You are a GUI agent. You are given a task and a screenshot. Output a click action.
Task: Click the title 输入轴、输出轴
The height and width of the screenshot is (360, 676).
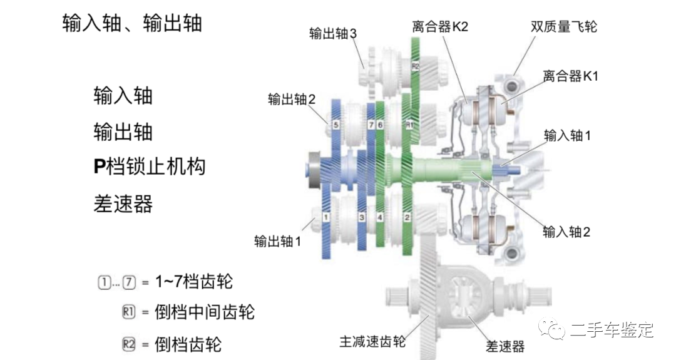click(x=132, y=23)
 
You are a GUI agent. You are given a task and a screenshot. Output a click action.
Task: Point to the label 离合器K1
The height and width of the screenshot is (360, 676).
click(x=571, y=76)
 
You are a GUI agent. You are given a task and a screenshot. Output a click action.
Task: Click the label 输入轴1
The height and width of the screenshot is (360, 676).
click(x=567, y=135)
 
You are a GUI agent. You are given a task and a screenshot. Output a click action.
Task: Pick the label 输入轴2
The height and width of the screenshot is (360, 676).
click(x=567, y=232)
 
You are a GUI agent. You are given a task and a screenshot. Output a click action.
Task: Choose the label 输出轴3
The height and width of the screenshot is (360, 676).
click(x=333, y=33)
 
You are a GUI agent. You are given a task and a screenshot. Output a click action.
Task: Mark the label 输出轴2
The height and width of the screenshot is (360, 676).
click(x=291, y=99)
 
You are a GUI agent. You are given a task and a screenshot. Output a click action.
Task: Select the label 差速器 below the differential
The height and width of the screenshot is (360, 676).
click(x=505, y=346)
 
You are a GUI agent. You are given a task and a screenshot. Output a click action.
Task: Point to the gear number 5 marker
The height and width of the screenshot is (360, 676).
click(x=336, y=125)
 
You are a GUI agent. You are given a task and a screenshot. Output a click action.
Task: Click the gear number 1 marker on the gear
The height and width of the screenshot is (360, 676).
click(x=326, y=217)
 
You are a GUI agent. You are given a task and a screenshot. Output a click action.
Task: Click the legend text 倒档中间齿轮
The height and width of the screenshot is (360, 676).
click(x=205, y=312)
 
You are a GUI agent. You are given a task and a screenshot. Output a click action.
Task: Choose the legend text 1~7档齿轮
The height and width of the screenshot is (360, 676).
click(x=193, y=282)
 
